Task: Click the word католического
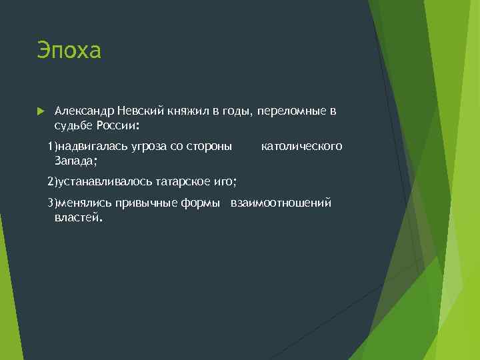tap(301, 146)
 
